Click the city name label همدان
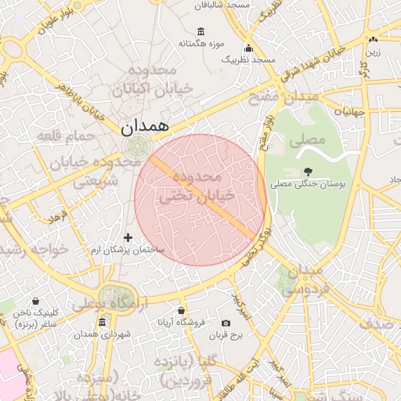(x=146, y=125)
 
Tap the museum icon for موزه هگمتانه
(x=201, y=32)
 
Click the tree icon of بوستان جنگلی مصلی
(x=307, y=172)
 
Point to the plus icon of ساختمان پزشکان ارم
(x=128, y=237)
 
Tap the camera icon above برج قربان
(x=226, y=323)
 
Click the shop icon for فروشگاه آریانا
(x=182, y=311)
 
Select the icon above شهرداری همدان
(x=102, y=323)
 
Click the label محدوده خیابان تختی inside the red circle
(x=192, y=186)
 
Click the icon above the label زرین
(x=373, y=40)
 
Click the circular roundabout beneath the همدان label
(x=137, y=146)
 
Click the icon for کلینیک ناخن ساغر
(x=35, y=301)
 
